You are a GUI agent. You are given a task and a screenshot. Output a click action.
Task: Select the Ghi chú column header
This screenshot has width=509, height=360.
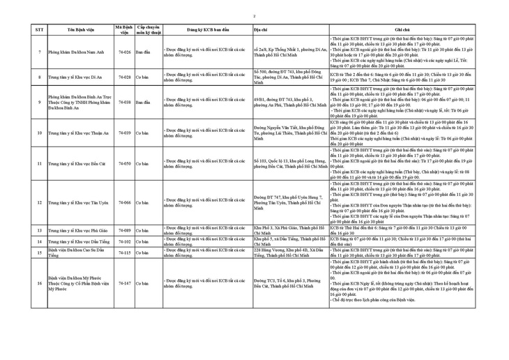point(420,30)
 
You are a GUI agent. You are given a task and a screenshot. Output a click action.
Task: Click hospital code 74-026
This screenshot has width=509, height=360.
point(125,52)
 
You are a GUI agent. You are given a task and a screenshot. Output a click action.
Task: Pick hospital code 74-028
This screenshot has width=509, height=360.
point(125,77)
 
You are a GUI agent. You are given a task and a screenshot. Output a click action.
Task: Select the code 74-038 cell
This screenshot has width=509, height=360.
point(125,102)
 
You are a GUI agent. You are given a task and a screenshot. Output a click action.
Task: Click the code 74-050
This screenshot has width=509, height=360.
point(125,163)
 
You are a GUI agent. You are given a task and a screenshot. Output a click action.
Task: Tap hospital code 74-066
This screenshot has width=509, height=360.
point(125,202)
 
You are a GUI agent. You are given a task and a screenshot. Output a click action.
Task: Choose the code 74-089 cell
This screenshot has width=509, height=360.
point(125,230)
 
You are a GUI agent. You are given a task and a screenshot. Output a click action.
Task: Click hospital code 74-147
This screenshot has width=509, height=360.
point(125,284)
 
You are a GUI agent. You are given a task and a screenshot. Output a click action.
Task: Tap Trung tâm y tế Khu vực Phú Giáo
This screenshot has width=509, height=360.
point(76,230)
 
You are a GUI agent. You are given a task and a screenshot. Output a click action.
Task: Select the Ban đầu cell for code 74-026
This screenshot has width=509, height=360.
point(143,52)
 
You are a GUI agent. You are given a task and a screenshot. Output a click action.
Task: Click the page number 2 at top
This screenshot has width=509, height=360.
point(254,15)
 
